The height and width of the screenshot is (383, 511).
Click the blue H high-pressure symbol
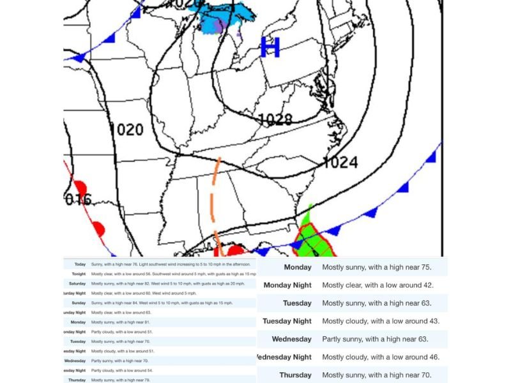(271, 48)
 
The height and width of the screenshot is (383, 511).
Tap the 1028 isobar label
(275, 119)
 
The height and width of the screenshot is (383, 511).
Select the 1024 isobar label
(340, 162)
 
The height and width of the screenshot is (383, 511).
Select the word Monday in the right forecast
(297, 267)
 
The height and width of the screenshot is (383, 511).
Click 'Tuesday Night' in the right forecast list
(287, 321)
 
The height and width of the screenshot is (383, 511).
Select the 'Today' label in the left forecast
(80, 264)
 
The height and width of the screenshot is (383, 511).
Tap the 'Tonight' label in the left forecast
(78, 273)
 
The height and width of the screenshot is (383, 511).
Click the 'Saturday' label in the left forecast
(77, 283)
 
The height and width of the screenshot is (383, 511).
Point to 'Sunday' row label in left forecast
(78, 303)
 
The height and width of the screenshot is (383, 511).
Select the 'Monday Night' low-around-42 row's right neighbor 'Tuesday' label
(297, 303)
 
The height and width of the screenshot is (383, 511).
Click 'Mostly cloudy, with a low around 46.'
(381, 357)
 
